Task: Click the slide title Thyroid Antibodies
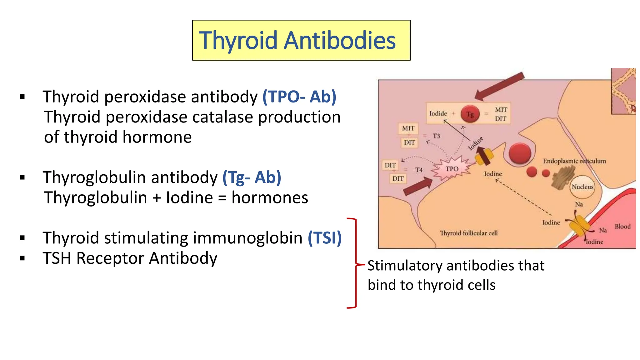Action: (297, 40)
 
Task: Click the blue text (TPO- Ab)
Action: (299, 97)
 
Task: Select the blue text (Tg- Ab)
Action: (252, 177)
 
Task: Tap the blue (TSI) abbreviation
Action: (325, 238)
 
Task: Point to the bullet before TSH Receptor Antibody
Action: (22, 258)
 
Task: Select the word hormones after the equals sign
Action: (270, 198)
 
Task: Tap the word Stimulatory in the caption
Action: (405, 266)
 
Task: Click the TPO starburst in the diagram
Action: (452, 169)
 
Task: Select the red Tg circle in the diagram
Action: (470, 114)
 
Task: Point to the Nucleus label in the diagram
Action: (582, 187)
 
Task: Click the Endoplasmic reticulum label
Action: (574, 161)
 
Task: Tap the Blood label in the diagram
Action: (622, 227)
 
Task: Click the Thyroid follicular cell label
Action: (469, 233)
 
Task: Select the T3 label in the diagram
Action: (436, 136)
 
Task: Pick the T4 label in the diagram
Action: (419, 170)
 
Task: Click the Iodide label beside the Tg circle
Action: (438, 113)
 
